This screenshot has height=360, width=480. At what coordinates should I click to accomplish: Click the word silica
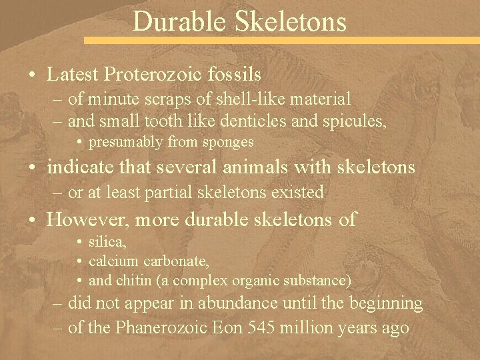pyautogui.click(x=107, y=244)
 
